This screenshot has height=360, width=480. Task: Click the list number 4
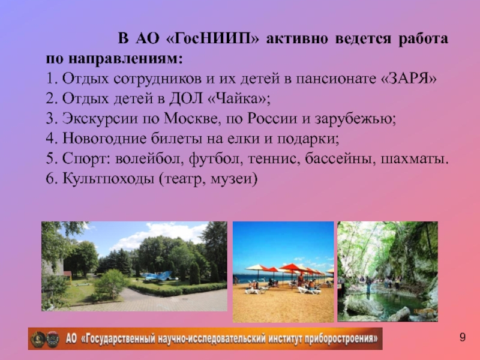49,140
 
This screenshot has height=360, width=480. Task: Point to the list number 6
49,179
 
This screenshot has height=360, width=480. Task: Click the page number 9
463,338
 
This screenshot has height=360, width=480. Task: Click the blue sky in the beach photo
282,240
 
